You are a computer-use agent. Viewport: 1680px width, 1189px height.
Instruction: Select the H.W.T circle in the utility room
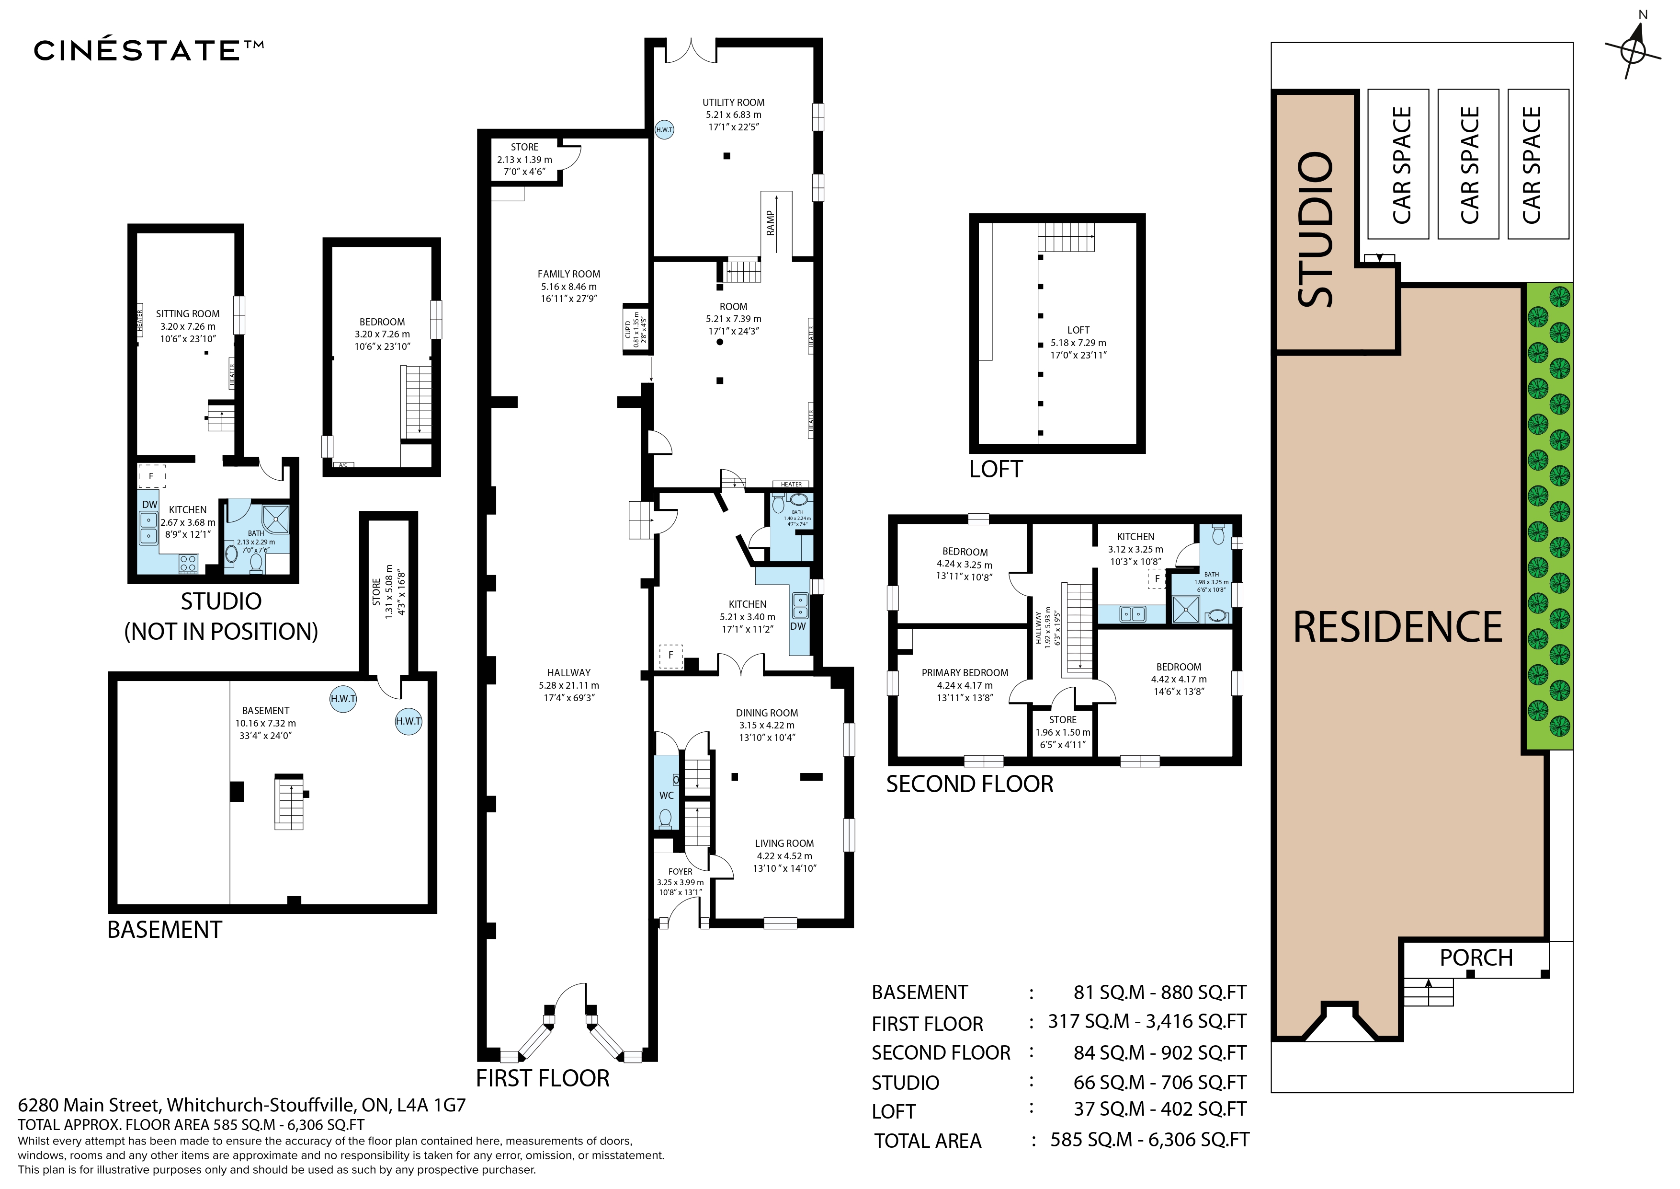664,129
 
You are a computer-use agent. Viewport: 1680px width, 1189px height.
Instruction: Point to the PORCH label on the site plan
1475,958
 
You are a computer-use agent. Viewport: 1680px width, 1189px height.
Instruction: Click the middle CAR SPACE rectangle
1468,164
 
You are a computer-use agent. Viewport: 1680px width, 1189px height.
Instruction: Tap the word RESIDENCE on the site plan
1397,627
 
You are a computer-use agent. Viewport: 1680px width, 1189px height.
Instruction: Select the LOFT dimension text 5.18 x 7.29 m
1078,343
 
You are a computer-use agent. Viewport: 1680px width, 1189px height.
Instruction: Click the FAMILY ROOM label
568,274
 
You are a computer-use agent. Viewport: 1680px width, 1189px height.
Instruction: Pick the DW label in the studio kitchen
149,505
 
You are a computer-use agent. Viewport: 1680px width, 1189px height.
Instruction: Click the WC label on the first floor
666,795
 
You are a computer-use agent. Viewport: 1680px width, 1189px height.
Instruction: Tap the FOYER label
680,871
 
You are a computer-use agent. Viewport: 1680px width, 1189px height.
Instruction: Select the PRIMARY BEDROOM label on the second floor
965,673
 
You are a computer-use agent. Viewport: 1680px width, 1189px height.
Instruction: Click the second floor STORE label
1062,720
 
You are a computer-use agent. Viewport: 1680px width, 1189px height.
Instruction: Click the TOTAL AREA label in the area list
927,1141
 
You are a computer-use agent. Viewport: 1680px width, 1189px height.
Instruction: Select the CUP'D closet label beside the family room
628,329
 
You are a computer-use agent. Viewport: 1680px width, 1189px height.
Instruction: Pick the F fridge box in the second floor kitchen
1157,578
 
